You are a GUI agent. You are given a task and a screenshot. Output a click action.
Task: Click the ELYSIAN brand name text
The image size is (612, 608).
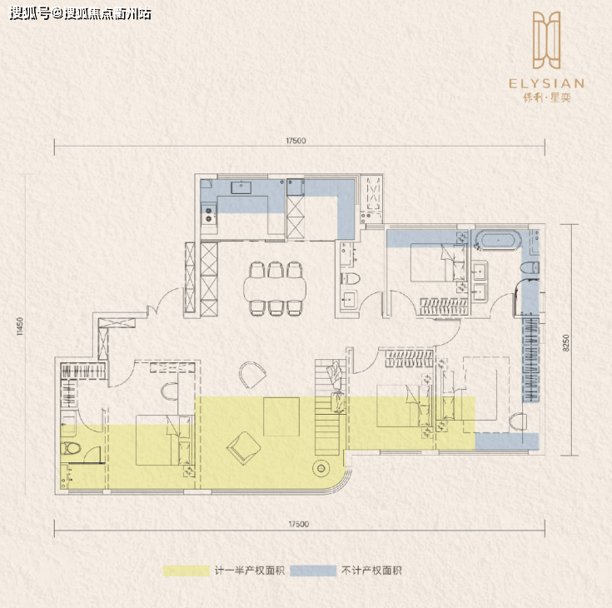click(x=546, y=83)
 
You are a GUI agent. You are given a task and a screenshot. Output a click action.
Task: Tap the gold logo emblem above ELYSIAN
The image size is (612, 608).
click(x=547, y=40)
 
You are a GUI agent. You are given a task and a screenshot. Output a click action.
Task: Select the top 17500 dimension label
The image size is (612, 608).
click(x=296, y=141)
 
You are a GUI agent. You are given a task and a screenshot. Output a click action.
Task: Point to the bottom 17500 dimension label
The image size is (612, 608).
click(x=299, y=524)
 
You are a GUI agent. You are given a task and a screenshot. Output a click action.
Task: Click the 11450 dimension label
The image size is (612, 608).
click(x=20, y=326)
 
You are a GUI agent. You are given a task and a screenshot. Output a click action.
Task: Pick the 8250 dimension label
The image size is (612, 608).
click(x=566, y=343)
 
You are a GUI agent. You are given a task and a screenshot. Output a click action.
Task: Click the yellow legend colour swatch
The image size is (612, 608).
click(x=187, y=571)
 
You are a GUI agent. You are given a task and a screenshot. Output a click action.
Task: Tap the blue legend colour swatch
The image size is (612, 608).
click(x=313, y=571)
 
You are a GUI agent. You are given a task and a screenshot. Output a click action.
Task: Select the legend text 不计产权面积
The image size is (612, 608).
click(x=371, y=571)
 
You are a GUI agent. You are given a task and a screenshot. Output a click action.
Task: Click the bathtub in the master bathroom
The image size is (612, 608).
click(x=500, y=240)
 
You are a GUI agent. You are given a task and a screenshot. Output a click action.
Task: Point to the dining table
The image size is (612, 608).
click(x=275, y=288)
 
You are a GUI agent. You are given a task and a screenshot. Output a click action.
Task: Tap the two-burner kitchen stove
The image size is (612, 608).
click(x=209, y=214)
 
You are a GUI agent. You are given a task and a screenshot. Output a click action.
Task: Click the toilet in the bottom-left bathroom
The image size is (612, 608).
click(x=71, y=449)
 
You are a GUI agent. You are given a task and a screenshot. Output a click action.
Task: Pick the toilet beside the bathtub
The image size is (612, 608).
click(x=530, y=267)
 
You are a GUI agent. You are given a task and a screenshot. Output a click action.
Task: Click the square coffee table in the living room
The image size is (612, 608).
click(x=281, y=416)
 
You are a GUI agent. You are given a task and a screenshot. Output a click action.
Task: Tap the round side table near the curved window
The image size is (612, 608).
click(x=321, y=468)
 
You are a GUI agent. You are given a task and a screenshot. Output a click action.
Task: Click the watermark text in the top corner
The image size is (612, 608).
click(x=80, y=14)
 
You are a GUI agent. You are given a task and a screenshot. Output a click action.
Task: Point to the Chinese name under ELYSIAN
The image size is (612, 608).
click(x=547, y=97)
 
